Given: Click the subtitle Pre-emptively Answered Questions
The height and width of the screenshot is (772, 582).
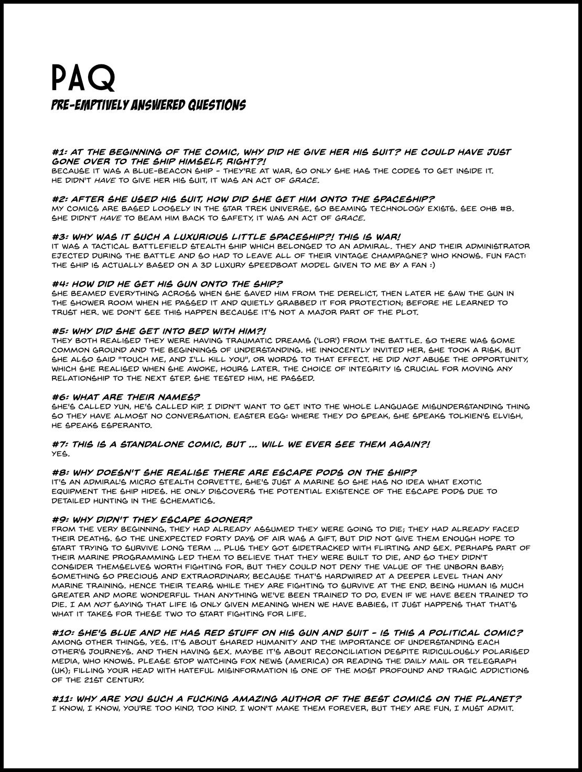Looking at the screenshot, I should [148, 105].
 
